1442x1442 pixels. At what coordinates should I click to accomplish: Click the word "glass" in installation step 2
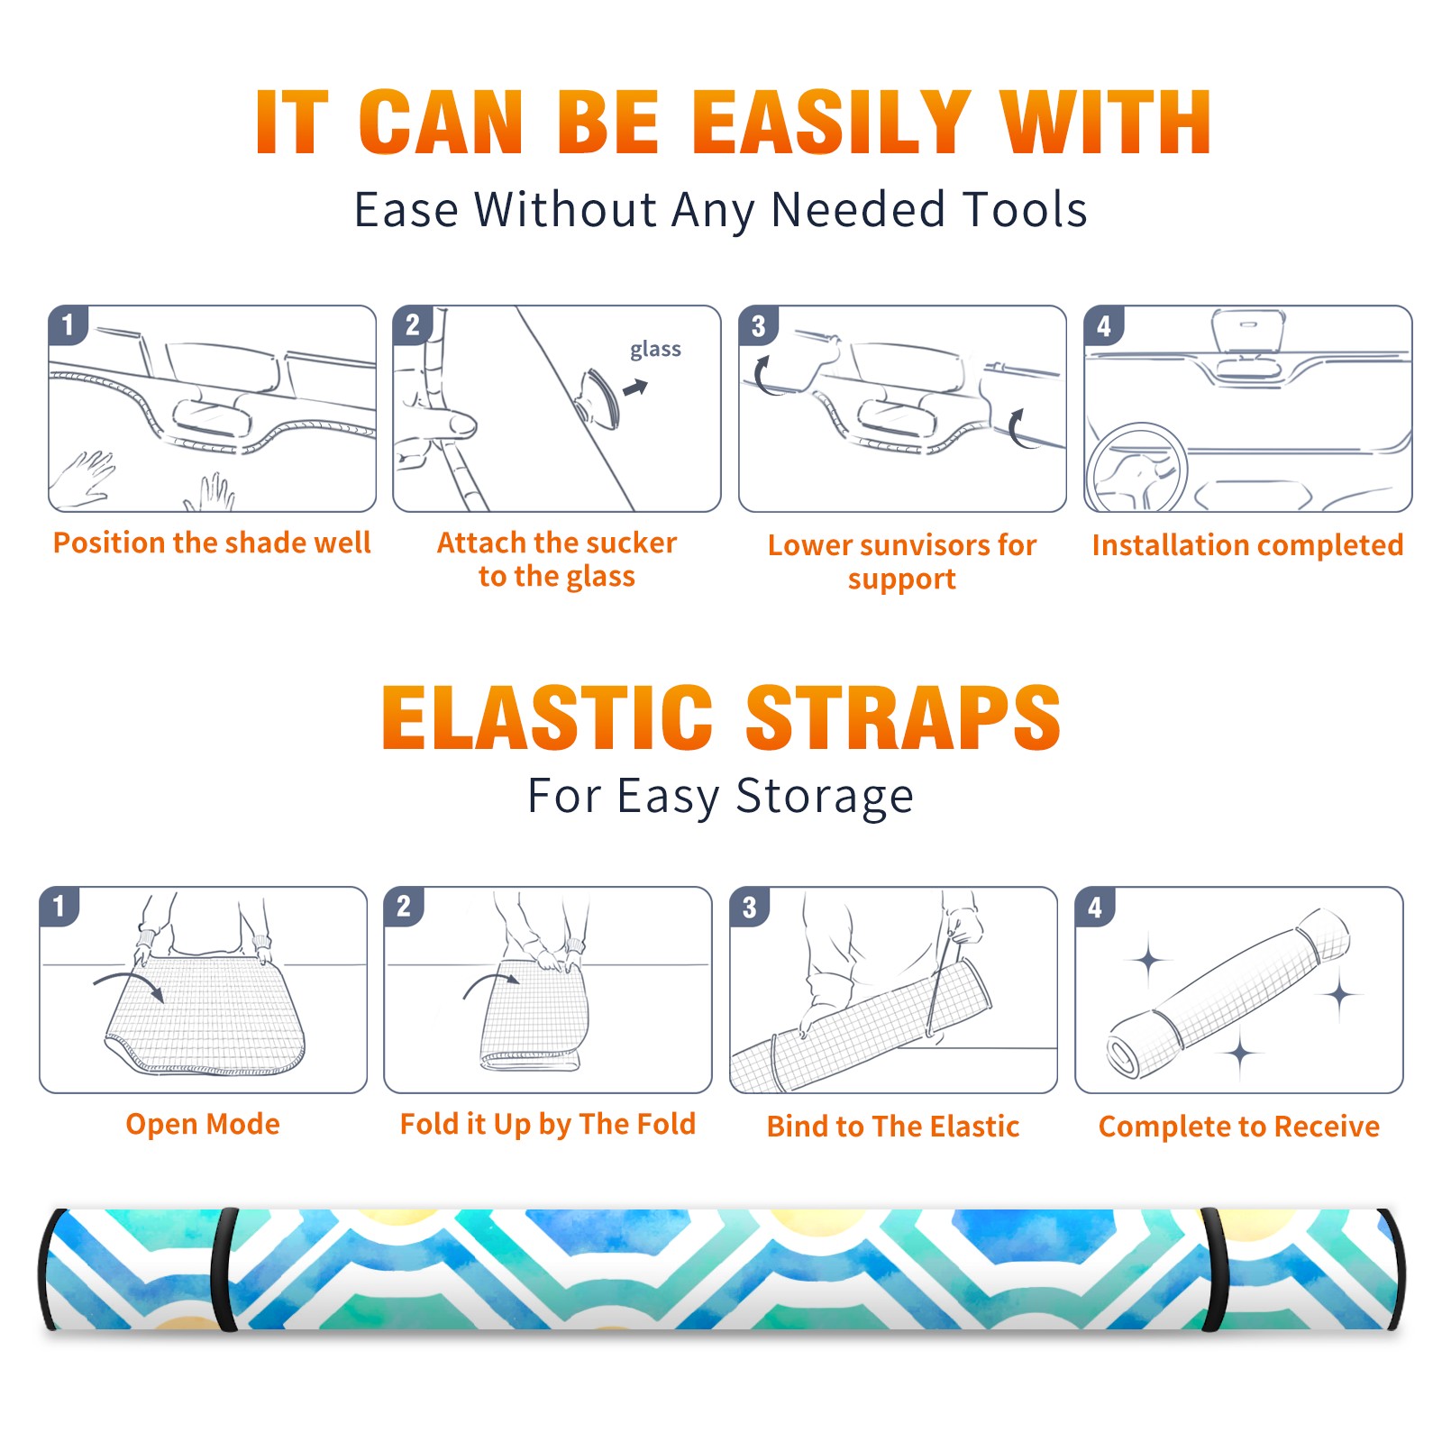(655, 350)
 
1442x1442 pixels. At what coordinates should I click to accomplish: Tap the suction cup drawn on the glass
(599, 397)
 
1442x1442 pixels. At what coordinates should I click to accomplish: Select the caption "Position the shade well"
(212, 543)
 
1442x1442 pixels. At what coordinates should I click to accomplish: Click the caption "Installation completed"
(1247, 545)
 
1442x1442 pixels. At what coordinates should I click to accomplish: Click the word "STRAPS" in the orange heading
(903, 717)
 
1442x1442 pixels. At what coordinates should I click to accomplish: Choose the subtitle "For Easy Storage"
(720, 797)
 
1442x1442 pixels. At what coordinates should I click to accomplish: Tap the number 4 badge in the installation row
(1104, 325)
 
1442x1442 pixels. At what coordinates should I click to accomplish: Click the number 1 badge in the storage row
(59, 906)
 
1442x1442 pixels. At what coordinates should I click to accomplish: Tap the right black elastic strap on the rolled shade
(1216, 1270)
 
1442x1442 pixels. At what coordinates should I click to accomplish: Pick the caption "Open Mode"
(203, 1125)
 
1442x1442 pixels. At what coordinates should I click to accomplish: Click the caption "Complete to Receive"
(1239, 1127)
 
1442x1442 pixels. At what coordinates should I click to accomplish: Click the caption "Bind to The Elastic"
(893, 1127)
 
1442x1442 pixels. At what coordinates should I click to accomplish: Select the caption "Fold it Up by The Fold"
(548, 1125)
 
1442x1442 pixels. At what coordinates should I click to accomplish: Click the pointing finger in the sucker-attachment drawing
(437, 424)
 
